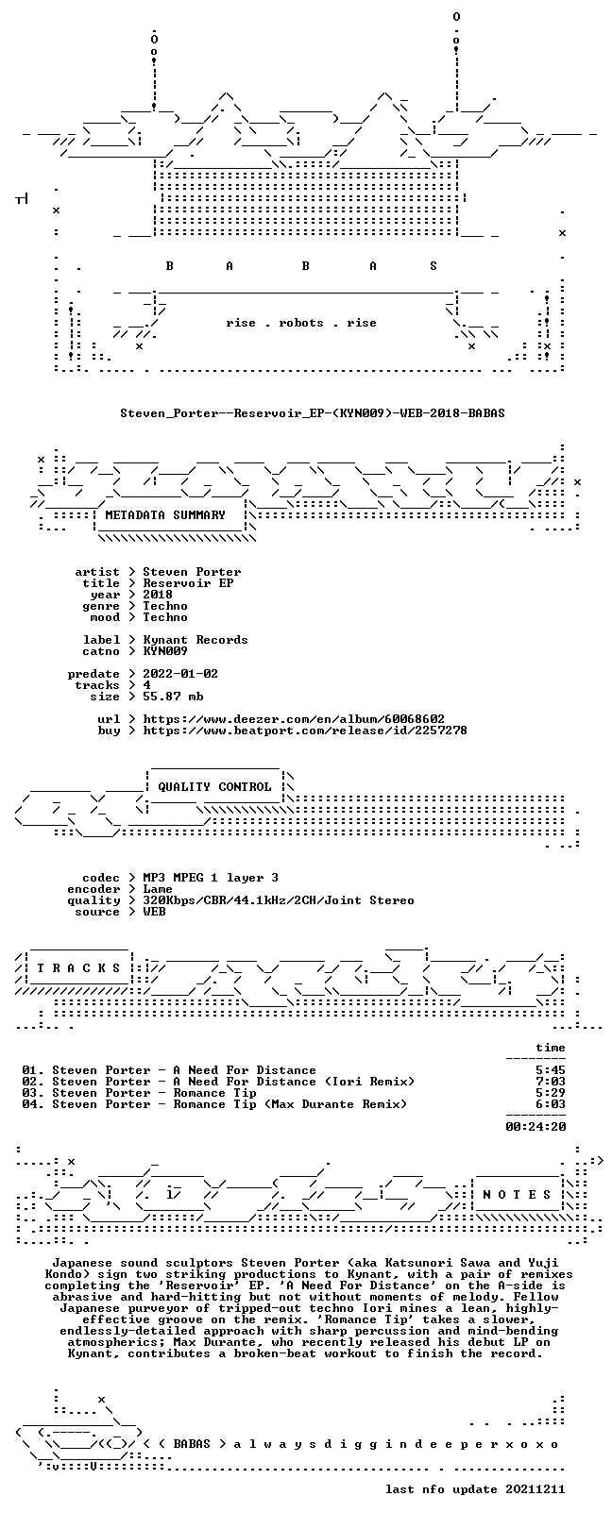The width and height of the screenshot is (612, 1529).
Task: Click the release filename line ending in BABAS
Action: (313, 413)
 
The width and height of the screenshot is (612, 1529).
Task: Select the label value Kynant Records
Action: (195, 640)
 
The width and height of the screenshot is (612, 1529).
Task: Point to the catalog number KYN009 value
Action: (165, 651)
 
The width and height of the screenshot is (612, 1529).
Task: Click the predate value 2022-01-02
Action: (180, 674)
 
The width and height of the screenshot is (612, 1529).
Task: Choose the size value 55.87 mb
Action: (173, 697)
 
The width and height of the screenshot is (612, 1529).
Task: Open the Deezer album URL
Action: (294, 719)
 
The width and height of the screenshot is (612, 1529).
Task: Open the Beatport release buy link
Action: (305, 731)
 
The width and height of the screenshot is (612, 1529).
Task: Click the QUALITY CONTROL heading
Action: (214, 786)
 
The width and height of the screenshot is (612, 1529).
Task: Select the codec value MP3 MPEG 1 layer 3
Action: (211, 878)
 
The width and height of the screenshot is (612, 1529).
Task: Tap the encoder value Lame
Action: (158, 889)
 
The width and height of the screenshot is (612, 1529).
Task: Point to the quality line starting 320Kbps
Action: (278, 900)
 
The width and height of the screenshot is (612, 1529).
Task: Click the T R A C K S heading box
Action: (78, 968)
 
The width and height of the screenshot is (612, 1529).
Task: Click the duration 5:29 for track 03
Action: (551, 1093)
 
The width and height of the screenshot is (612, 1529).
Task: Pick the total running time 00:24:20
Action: (535, 1126)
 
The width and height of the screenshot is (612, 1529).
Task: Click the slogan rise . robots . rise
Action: (301, 323)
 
